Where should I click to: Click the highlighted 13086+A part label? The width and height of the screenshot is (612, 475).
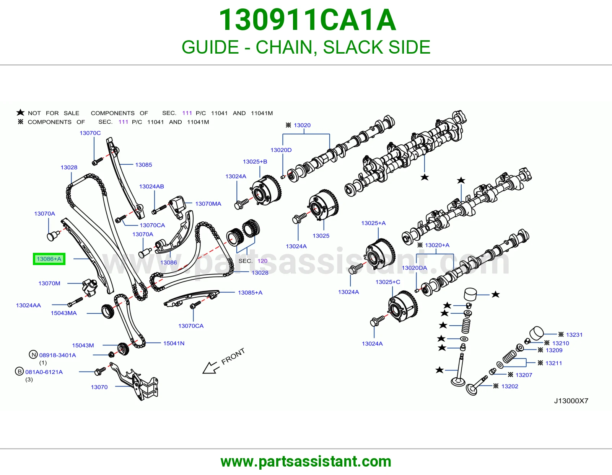pos(49,259)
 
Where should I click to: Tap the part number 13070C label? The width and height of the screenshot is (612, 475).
pos(90,133)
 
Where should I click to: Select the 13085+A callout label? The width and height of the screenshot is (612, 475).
pos(250,293)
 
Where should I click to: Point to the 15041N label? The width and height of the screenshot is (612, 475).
pos(174,343)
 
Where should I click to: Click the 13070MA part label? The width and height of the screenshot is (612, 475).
pos(208,204)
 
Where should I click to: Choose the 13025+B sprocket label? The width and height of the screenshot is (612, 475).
pos(255,162)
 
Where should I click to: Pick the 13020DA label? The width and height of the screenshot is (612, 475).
pos(414,268)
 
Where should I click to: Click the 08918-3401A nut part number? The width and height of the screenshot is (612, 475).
pos(57,355)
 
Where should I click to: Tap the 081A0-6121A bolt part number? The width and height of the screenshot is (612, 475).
pos(44,372)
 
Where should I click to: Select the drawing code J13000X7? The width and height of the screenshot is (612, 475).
pos(571,401)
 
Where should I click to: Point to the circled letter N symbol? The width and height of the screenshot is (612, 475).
pos(33,355)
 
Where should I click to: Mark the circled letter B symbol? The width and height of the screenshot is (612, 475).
pos(19,372)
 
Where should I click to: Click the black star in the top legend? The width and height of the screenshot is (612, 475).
pos(20,113)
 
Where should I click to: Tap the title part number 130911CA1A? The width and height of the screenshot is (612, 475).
pos(307,20)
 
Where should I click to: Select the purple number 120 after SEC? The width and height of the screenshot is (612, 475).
pos(262,261)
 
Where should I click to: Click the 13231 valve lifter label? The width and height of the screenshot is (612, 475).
pos(574,334)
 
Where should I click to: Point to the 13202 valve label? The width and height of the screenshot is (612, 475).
pos(510,386)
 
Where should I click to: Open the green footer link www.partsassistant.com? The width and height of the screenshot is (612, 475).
pos(306,462)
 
